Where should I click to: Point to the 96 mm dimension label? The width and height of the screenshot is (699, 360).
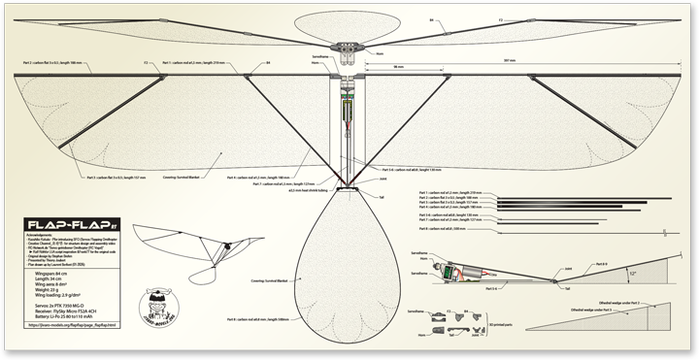(x=398, y=66)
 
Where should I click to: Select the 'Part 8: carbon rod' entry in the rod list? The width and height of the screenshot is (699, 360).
(x=443, y=229)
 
